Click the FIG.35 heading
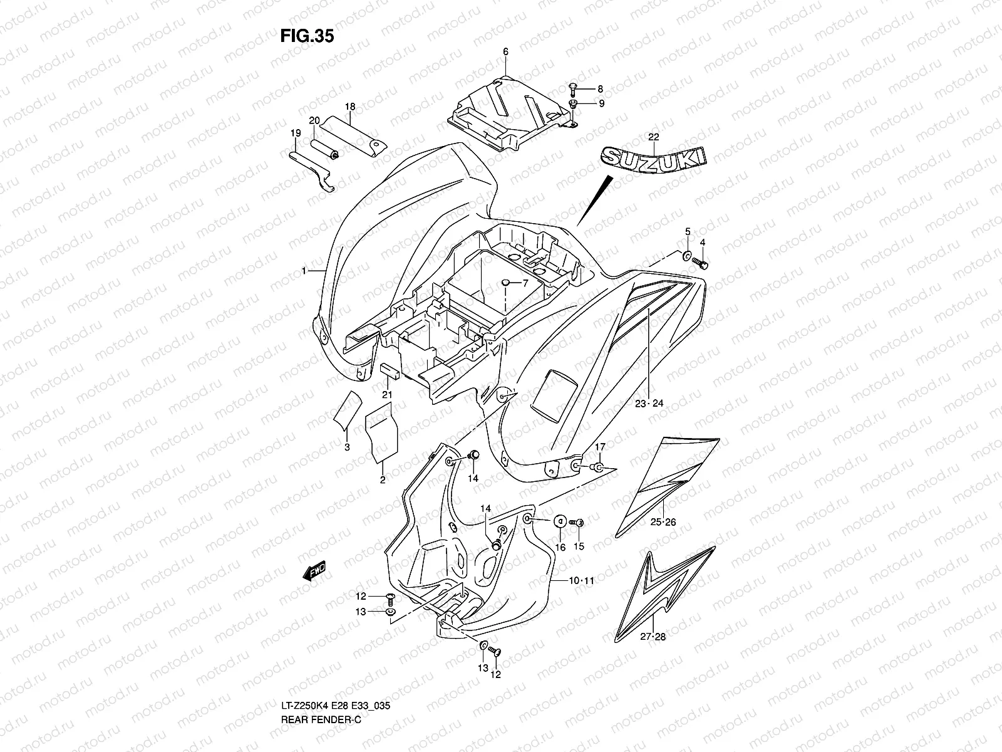[x=307, y=36]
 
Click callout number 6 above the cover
[x=505, y=52]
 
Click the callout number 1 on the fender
[x=304, y=271]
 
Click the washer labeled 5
[x=687, y=256]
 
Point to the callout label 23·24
[x=648, y=404]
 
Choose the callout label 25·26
[x=663, y=522]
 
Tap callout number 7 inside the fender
[x=525, y=283]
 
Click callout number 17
[x=599, y=447]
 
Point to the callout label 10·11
[x=581, y=581]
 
